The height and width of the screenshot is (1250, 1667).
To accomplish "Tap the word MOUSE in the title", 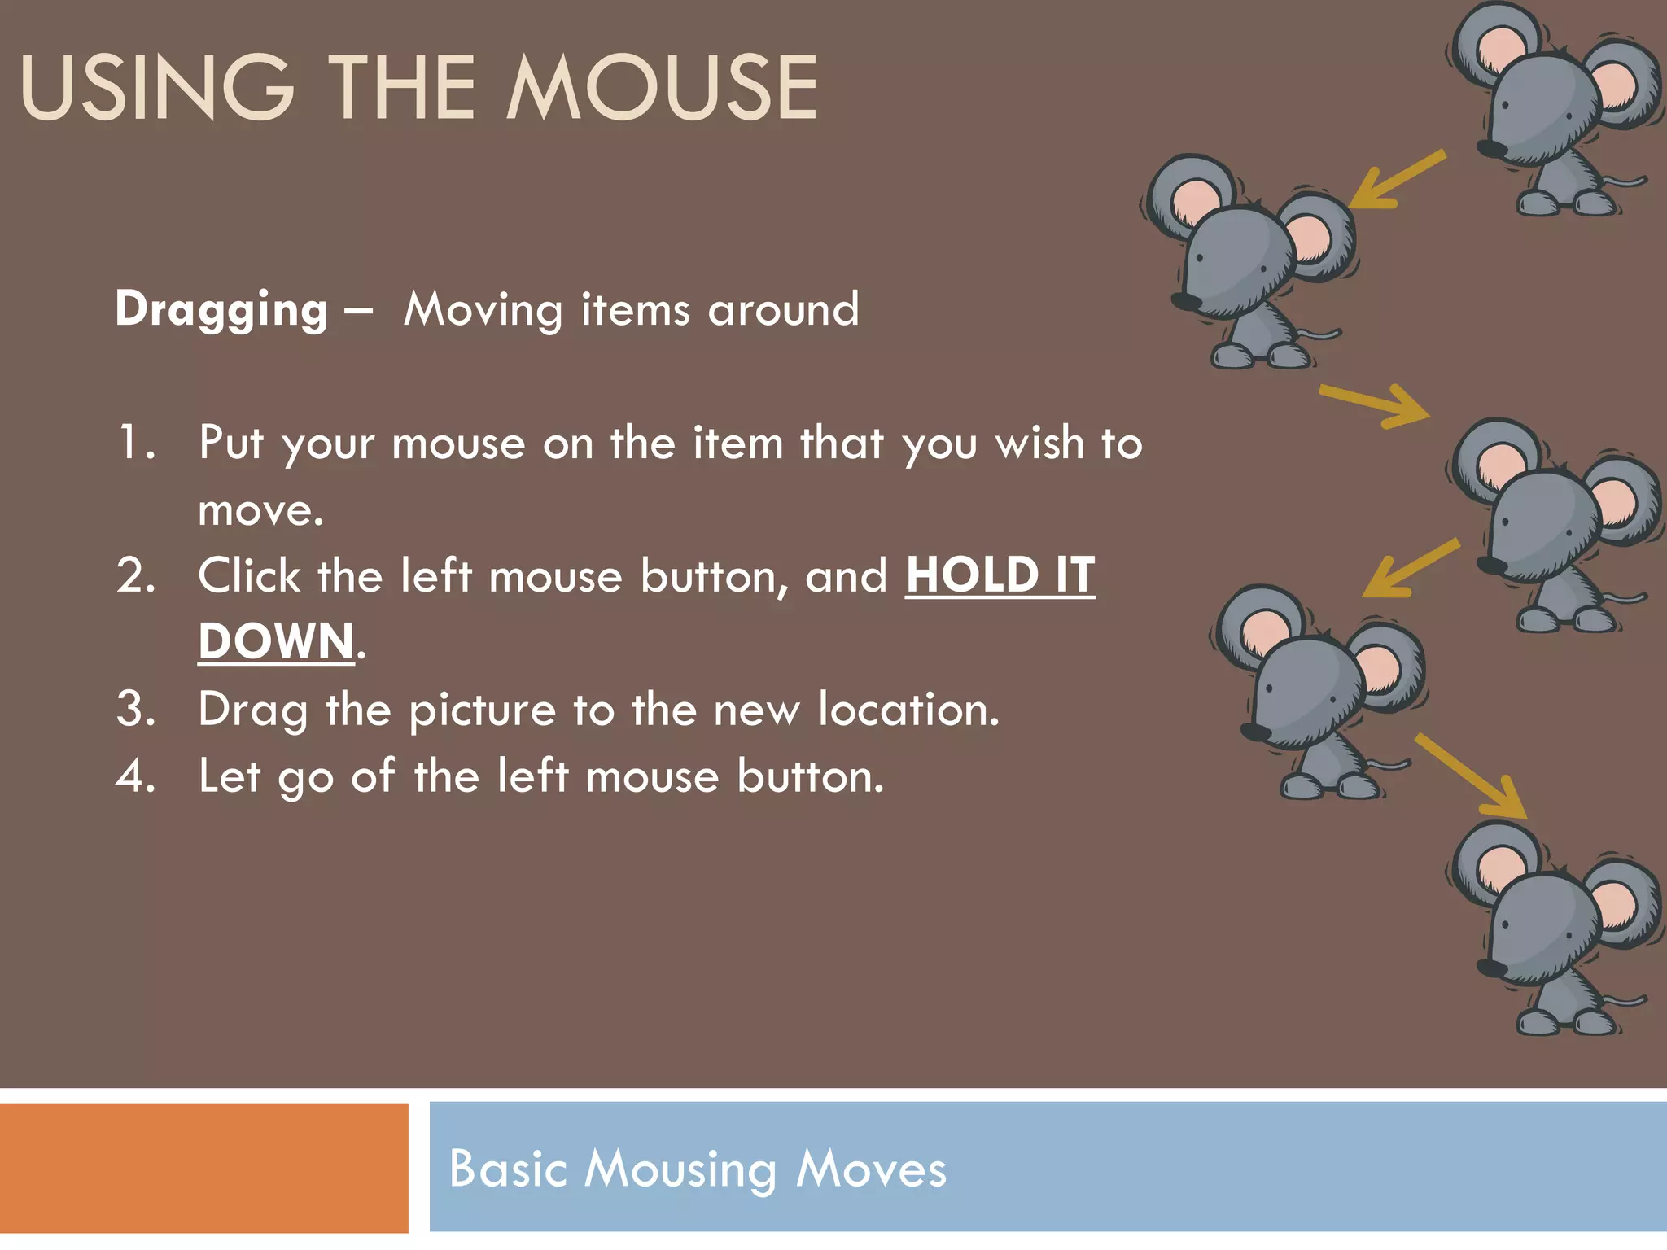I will [x=662, y=88].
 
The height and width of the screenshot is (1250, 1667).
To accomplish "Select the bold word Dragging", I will [x=221, y=310].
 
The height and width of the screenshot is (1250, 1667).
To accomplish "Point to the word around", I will [x=783, y=310].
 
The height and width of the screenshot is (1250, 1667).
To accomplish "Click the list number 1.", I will [x=135, y=444].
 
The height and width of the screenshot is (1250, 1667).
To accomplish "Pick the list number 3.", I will [x=135, y=709].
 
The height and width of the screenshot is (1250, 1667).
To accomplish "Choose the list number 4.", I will [x=135, y=776].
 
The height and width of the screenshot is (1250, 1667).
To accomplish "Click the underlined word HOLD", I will [x=972, y=576].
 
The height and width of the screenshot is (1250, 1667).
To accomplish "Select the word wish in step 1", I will [x=1040, y=444].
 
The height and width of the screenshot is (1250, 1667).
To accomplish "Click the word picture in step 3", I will [x=482, y=710].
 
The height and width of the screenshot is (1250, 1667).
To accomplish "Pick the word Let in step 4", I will [x=230, y=776].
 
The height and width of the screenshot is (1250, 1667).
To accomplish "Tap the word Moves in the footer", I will [x=871, y=1169].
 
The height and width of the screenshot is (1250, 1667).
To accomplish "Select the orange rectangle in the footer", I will [x=203, y=1168].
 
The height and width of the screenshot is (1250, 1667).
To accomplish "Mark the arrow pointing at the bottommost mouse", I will [x=1472, y=776].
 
